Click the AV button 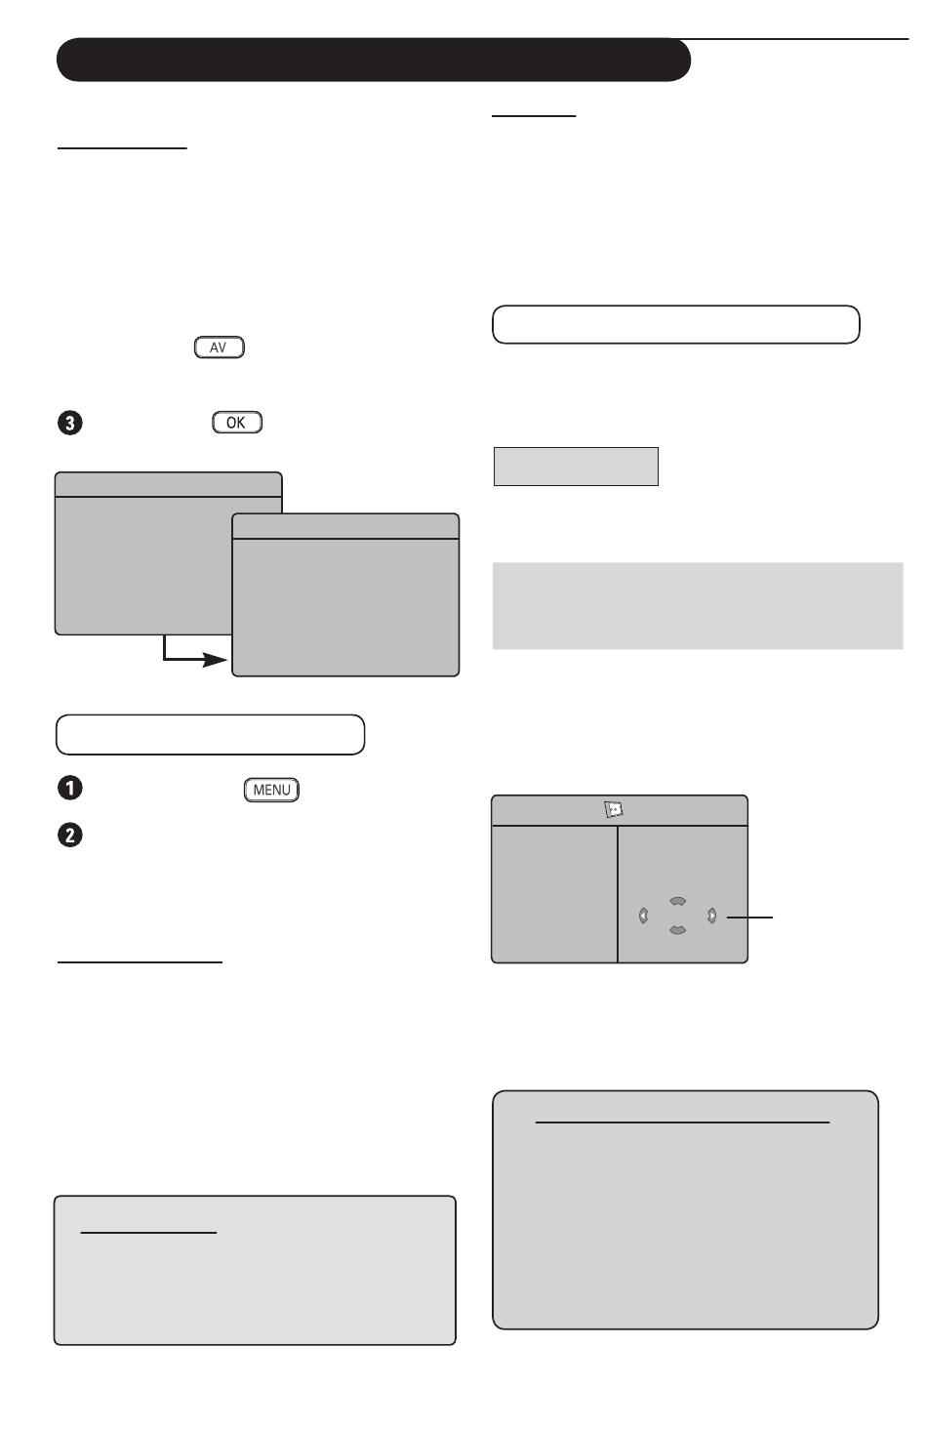tap(220, 347)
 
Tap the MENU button tap(271, 790)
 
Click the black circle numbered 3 tap(70, 423)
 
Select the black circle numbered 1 tap(70, 788)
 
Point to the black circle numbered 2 tap(70, 836)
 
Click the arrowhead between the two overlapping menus tap(215, 659)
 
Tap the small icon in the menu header tap(614, 809)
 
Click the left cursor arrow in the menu tap(644, 917)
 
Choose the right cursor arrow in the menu tap(712, 917)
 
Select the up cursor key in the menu tap(678, 901)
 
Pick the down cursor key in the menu tap(678, 931)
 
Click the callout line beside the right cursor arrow tap(749, 918)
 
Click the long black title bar tap(374, 60)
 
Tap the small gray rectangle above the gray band tap(576, 467)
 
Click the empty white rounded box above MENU tap(211, 735)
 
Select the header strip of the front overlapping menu tap(345, 526)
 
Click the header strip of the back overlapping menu tap(168, 485)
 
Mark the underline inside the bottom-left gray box tap(148, 1233)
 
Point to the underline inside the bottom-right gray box tap(682, 1123)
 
